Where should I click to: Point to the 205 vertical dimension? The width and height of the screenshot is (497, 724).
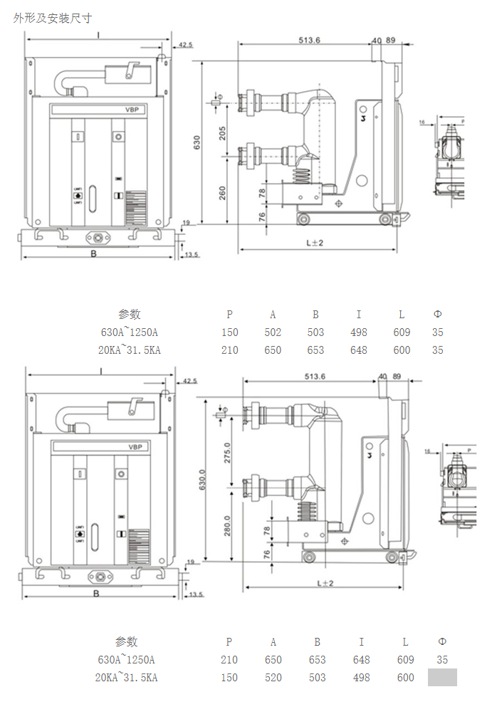tap(222, 132)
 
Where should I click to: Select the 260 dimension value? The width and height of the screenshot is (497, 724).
tap(222, 192)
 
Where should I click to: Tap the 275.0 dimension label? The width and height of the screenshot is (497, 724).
tap(228, 453)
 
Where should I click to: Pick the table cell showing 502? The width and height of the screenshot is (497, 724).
tap(273, 332)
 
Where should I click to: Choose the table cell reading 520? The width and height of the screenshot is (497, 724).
tap(273, 678)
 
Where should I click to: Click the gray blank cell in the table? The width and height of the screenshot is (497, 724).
tap(442, 678)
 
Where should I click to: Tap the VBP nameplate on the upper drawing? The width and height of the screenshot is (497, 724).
tap(132, 110)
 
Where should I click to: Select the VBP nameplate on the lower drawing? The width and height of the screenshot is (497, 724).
tap(135, 447)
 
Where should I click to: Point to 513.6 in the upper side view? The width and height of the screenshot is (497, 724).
tap(311, 41)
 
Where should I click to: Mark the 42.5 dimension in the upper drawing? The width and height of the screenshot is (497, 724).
tap(185, 45)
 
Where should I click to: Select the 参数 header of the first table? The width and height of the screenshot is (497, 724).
tap(129, 314)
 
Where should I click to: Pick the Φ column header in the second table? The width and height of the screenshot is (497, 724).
tap(442, 641)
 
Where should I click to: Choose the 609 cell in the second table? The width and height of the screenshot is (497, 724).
tap(405, 660)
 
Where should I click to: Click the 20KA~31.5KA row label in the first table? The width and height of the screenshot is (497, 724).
tap(129, 350)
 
